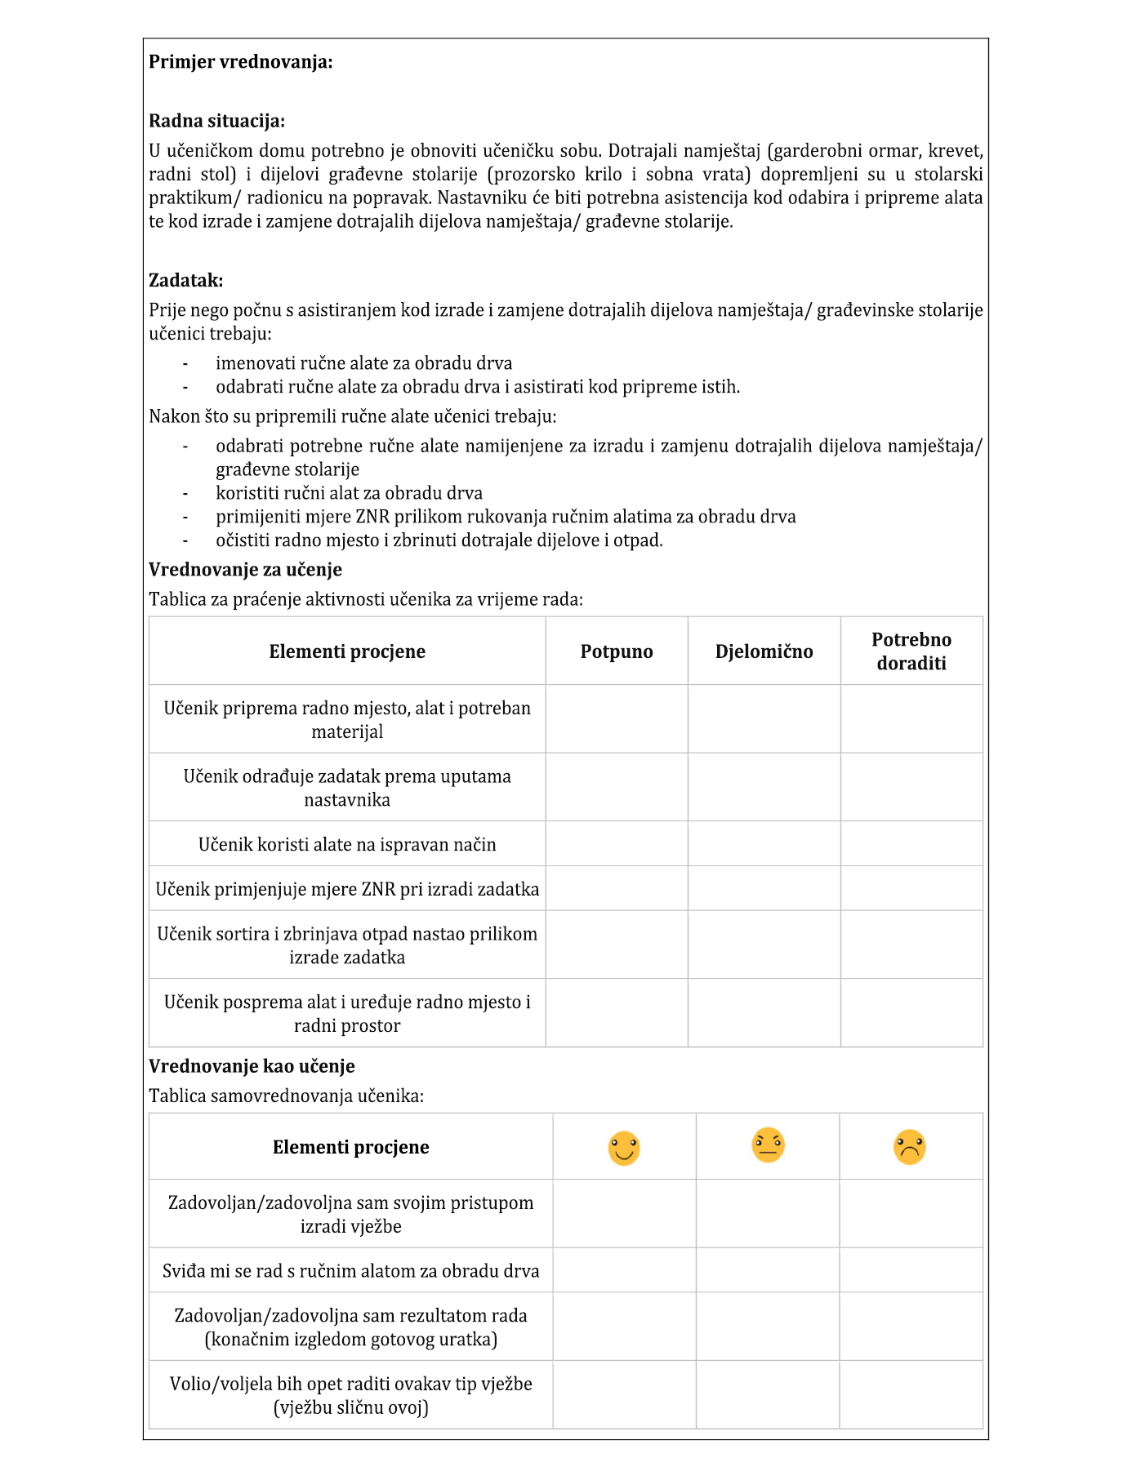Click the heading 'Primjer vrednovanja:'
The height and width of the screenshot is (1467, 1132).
click(240, 62)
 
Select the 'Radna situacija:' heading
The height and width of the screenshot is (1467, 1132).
click(216, 122)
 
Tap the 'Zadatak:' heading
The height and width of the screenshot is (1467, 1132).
click(185, 281)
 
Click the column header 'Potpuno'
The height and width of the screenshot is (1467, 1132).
click(617, 651)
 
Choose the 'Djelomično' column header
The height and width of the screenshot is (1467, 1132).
click(764, 651)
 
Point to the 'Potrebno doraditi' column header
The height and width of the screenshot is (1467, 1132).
click(911, 651)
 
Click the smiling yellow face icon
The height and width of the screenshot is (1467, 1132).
click(624, 1148)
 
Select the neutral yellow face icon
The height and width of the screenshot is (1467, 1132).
click(768, 1145)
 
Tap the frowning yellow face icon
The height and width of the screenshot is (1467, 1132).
click(910, 1147)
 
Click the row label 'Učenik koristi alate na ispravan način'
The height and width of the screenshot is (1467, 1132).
click(347, 845)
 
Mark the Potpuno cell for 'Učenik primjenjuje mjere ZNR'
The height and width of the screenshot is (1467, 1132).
click(617, 889)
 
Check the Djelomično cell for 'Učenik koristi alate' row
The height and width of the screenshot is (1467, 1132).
click(764, 844)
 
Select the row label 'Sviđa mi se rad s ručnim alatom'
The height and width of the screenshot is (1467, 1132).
click(350, 1271)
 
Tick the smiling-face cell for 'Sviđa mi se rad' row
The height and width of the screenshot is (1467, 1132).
click(624, 1270)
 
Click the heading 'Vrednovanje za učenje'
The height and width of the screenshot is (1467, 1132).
click(245, 570)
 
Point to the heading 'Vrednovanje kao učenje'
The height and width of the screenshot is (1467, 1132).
click(252, 1066)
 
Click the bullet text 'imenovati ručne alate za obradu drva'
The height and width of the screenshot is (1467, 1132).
click(363, 364)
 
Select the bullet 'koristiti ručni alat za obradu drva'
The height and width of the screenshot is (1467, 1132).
click(349, 494)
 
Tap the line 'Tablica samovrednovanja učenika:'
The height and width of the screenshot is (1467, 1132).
click(286, 1096)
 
